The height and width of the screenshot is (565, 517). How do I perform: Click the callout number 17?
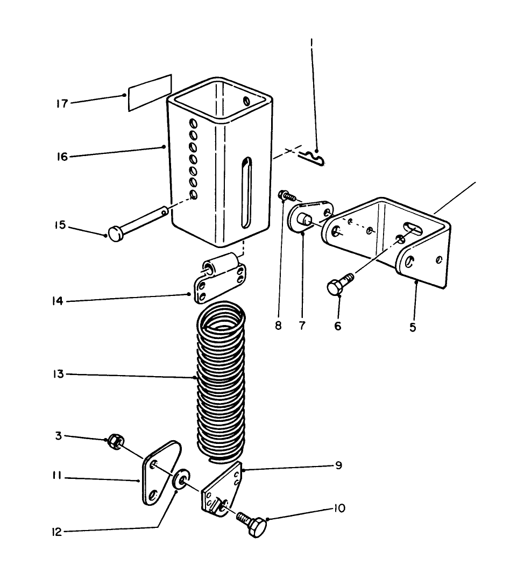tap(62, 103)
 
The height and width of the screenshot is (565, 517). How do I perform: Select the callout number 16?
tap(62, 157)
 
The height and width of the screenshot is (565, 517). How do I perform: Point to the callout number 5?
tap(413, 326)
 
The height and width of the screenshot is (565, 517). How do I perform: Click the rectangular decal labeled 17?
tap(150, 93)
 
